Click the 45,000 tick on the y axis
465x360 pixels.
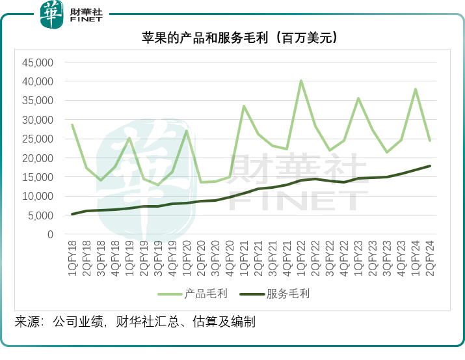tap(37, 62)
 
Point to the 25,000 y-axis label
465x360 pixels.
tap(37, 139)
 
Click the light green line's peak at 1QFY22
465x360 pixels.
tap(301, 81)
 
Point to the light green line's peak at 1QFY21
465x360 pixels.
tap(244, 106)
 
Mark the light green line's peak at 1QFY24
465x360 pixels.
tap(416, 89)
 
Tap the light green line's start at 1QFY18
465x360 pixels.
tap(72, 125)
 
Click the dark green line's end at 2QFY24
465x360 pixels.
tap(430, 166)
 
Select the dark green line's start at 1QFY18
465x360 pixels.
tap(72, 214)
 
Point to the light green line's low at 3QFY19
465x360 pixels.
tap(158, 185)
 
